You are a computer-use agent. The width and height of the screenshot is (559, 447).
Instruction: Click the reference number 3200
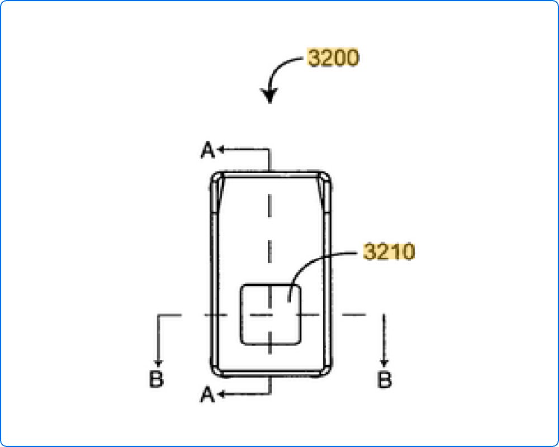333,58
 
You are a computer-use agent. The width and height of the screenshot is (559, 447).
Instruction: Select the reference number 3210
389,251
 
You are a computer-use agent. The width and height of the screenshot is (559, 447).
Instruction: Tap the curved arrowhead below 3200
269,96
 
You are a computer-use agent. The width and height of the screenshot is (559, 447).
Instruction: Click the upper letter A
208,150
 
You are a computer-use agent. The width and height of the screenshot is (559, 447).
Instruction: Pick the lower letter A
207,395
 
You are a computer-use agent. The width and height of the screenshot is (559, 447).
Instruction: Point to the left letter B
156,379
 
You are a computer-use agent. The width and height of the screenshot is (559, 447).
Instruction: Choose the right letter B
385,379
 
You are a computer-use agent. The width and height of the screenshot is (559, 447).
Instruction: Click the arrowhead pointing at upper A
221,149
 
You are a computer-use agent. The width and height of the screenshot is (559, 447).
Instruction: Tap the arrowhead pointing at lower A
221,394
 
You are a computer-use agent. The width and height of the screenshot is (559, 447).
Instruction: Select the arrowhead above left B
159,363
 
